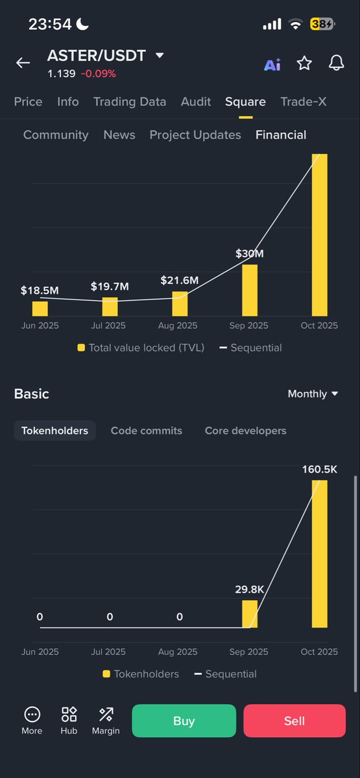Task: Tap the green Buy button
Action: (x=184, y=720)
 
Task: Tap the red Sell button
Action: (x=294, y=720)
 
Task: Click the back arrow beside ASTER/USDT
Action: (x=23, y=63)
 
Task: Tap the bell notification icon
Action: (x=336, y=63)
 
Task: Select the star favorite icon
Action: (x=304, y=63)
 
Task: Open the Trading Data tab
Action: (x=130, y=102)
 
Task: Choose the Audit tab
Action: (x=196, y=102)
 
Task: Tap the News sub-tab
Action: (x=119, y=135)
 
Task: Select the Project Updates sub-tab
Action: (x=195, y=135)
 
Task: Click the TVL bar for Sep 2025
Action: (x=250, y=290)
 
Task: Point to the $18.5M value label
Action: (x=40, y=290)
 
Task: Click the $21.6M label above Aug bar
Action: (x=180, y=281)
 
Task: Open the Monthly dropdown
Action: (x=313, y=394)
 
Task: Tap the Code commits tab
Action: (x=147, y=430)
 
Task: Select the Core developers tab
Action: (x=245, y=430)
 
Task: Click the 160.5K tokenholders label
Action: (x=320, y=469)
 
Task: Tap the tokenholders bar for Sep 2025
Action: (x=250, y=614)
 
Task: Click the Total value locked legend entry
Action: (x=141, y=348)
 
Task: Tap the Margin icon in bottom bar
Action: (x=106, y=720)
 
